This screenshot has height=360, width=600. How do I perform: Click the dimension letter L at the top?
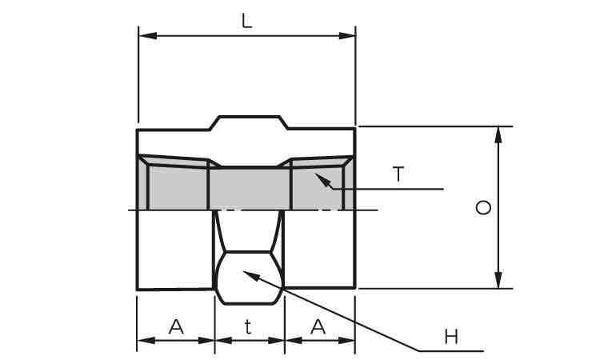point(247,21)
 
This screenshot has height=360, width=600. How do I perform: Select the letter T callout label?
point(398,174)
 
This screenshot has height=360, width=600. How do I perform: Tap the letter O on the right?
point(483,208)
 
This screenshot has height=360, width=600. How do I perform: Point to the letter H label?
point(451,337)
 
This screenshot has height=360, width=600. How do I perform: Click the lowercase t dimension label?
point(248,327)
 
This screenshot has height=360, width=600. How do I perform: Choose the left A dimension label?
point(176,327)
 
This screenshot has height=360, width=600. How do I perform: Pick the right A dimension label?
point(318,327)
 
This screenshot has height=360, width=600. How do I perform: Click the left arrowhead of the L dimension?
point(148,36)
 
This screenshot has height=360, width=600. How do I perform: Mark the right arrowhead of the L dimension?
point(346,36)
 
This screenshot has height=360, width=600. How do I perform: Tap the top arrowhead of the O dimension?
point(498,134)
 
